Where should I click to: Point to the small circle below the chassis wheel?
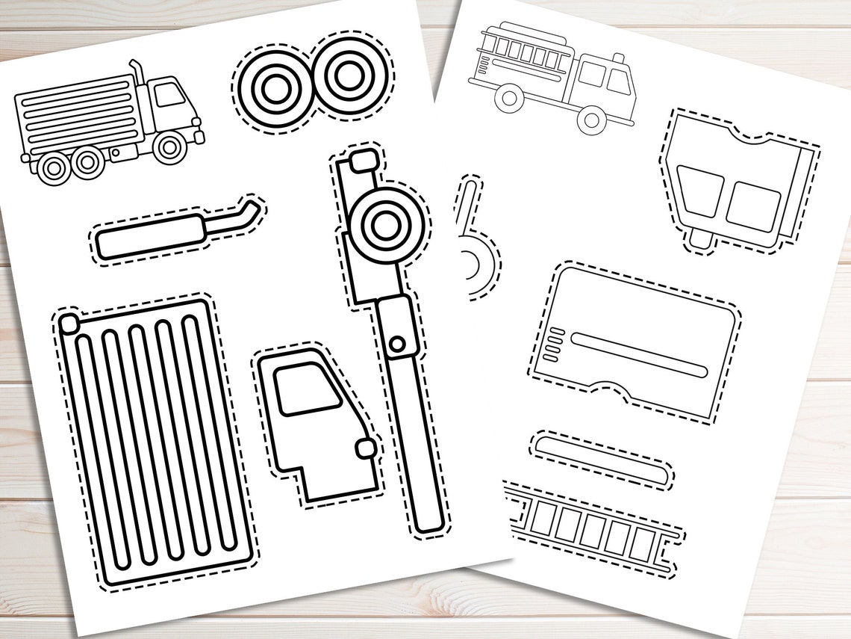(x=399, y=344)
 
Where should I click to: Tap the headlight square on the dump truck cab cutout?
(x=367, y=448)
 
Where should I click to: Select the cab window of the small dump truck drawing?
(x=171, y=95)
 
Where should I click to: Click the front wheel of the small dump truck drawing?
(x=170, y=147)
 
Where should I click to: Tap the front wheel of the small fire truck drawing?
(x=592, y=118)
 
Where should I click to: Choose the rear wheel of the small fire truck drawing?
(x=511, y=96)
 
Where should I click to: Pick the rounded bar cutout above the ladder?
(x=602, y=458)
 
